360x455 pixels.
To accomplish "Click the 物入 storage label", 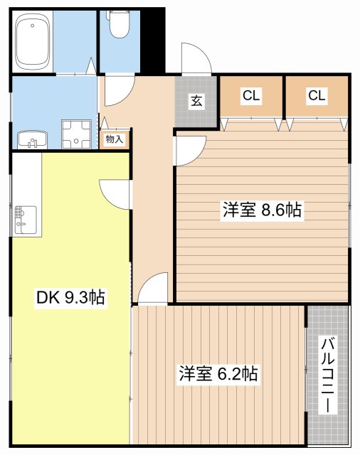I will pos(115,139).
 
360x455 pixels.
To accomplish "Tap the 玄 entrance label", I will pos(196,102).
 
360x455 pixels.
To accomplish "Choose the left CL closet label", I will pos(250,95).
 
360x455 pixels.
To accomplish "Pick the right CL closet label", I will pos(317,95).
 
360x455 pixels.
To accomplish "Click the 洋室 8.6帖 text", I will pos(263,210).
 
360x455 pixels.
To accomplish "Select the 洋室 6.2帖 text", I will pos(218,373).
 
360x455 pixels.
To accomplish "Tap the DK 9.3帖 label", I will pos(70,297).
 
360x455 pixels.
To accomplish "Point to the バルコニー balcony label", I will pos(328,375).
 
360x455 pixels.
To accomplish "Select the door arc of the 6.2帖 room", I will pos(152,290).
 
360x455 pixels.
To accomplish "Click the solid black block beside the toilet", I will pos(154,39).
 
